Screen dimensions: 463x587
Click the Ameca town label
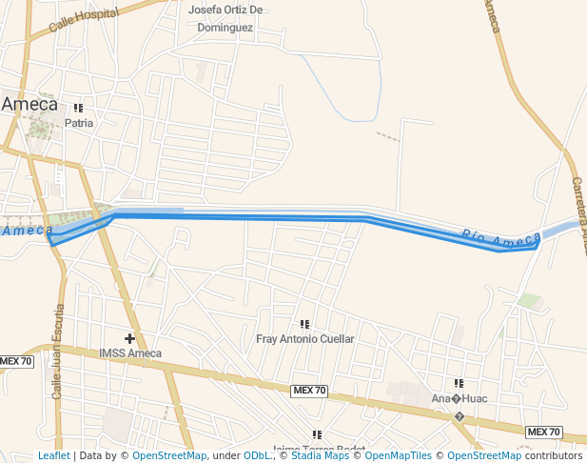click(x=29, y=104)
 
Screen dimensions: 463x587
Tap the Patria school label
click(x=79, y=123)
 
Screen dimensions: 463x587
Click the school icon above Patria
click(x=78, y=109)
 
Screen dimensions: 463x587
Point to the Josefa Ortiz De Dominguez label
click(x=225, y=19)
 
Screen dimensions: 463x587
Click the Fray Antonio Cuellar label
click(x=305, y=338)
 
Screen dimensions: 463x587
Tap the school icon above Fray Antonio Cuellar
click(x=304, y=325)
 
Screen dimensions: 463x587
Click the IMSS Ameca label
click(x=130, y=353)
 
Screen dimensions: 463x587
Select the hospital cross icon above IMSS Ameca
click(x=129, y=338)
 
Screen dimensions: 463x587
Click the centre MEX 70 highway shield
click(x=309, y=391)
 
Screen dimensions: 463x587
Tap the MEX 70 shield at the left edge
click(x=16, y=361)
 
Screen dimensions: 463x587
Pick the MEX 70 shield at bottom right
click(x=543, y=433)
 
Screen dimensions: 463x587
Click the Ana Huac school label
click(x=460, y=398)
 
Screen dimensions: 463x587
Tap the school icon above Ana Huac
click(x=459, y=384)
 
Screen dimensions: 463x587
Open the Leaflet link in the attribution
click(x=53, y=455)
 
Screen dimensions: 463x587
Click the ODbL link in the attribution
click(x=257, y=455)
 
